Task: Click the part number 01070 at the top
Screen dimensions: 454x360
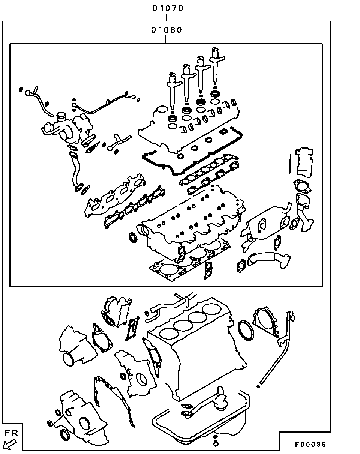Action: [168, 8]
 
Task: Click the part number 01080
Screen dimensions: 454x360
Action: [166, 30]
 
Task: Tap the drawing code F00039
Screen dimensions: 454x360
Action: [310, 445]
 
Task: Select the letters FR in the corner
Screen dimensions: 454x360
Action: [12, 433]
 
